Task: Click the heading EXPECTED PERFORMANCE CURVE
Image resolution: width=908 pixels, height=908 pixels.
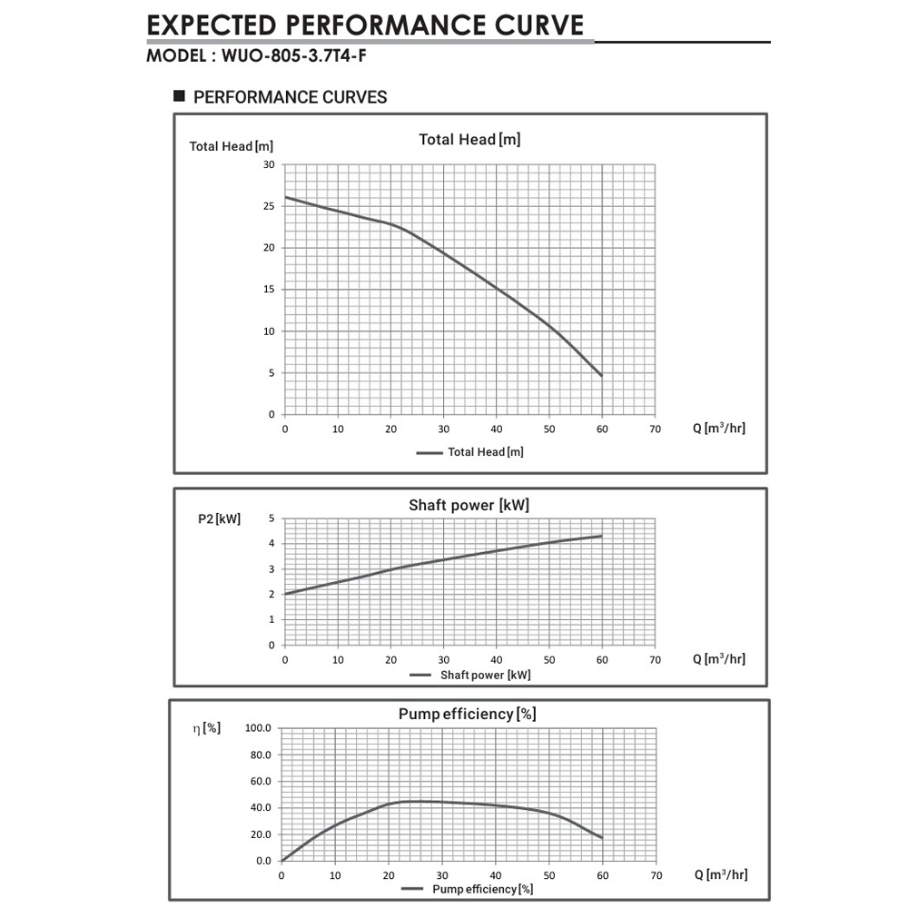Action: pos(365,25)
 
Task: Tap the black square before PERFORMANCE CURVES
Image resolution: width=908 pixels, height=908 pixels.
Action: pos(179,95)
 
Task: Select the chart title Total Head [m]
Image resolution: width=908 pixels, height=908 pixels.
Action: pos(469,139)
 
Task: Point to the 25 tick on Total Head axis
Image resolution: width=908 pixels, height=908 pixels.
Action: pos(269,206)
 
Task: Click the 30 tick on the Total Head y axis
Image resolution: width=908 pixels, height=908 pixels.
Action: pos(269,164)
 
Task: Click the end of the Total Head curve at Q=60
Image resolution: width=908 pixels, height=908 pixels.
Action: pos(601,375)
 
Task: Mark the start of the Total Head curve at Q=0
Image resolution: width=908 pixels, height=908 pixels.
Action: pos(285,197)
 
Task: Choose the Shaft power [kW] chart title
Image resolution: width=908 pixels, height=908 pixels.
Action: pos(469,505)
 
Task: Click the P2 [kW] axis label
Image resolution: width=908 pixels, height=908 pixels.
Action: pos(220,519)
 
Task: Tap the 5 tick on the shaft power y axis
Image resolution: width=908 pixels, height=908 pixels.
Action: pos(271,518)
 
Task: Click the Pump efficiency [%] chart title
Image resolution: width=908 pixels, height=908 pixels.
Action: pos(467,714)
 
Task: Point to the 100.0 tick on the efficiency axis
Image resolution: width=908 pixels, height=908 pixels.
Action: pos(259,728)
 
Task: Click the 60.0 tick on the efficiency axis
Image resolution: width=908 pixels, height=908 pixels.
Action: pos(261,781)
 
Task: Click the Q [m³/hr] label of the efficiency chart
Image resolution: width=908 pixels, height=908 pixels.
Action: pos(722,874)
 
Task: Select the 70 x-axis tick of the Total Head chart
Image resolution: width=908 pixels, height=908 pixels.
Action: pos(654,429)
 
